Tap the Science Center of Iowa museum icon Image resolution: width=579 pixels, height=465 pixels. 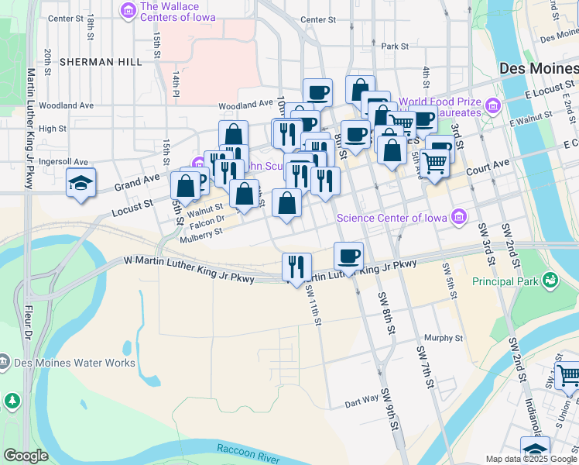[x=460, y=216]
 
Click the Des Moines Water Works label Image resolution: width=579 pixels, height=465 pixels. [x=74, y=363]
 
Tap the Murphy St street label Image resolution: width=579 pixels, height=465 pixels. [x=444, y=338]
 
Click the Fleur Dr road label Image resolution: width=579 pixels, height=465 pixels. [x=27, y=324]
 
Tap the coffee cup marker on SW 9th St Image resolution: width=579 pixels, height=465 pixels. [x=348, y=256]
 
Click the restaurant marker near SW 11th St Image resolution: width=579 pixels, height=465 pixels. [x=296, y=267]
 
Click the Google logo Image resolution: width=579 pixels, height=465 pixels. [x=25, y=456]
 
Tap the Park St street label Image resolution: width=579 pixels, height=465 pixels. [x=394, y=46]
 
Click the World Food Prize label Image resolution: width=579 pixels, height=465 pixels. [x=436, y=102]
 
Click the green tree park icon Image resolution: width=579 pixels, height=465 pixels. [x=12, y=401]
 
